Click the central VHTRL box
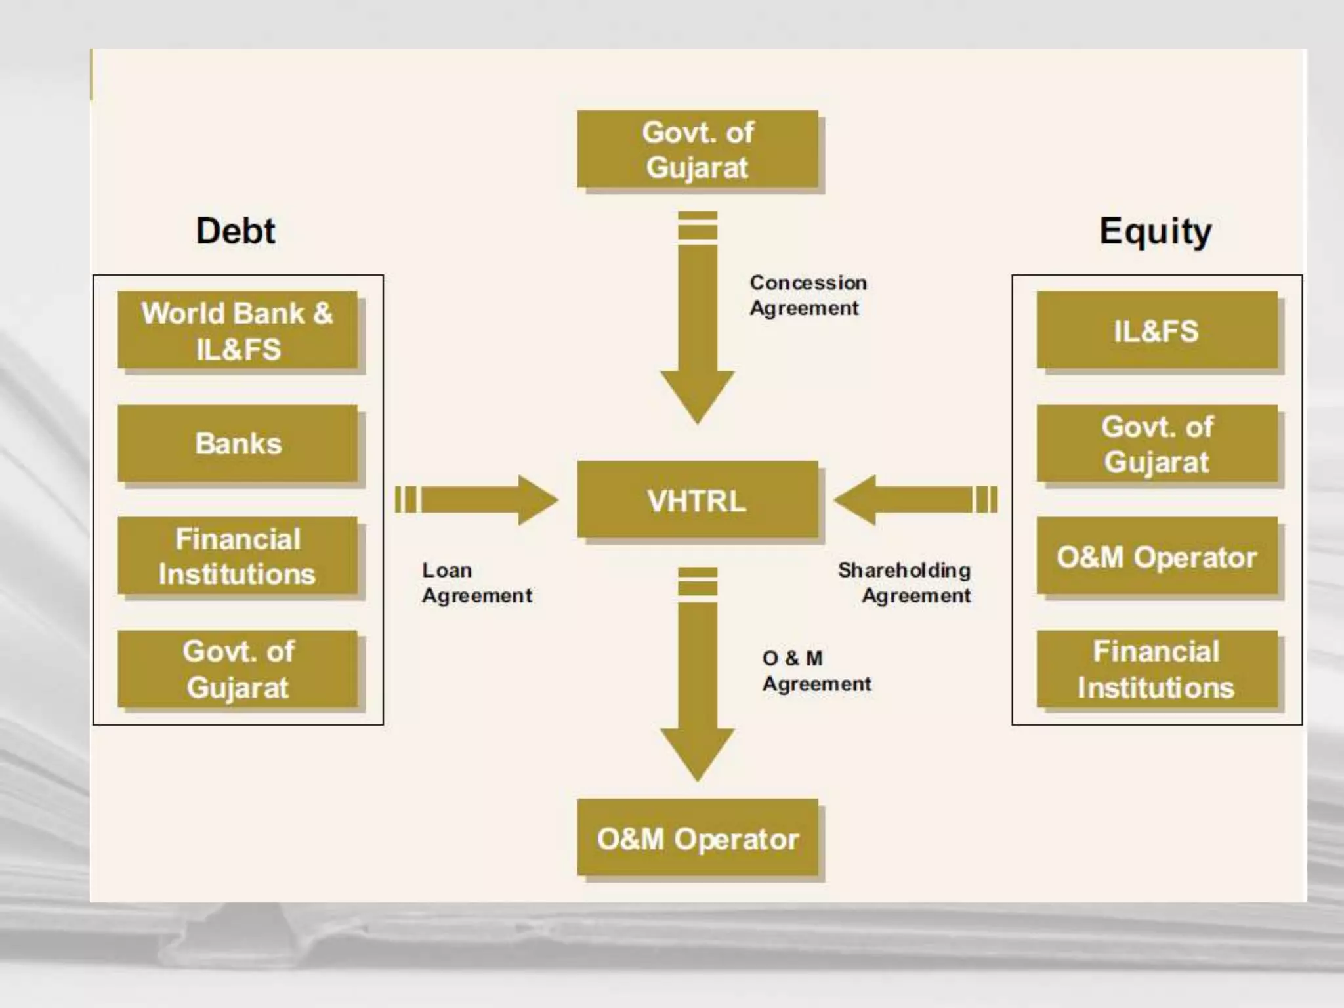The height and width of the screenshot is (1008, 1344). pos(698,500)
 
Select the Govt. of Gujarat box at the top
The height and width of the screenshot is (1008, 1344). pos(698,150)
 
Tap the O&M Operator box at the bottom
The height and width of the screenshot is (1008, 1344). pos(698,838)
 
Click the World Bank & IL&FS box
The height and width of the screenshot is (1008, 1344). pos(238,331)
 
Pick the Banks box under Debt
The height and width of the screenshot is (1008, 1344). pos(238,444)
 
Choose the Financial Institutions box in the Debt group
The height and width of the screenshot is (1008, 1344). pos(238,556)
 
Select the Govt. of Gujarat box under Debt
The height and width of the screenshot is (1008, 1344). pos(238,669)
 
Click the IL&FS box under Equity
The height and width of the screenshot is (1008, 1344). pos(1156,331)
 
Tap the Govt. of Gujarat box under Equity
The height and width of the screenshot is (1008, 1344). pos(1156,444)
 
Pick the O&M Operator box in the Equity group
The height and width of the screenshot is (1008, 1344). pos(1156,556)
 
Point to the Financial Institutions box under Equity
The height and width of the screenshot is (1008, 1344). pos(1156,669)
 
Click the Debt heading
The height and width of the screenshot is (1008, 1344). pos(236,231)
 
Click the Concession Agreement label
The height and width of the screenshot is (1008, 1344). pos(807,295)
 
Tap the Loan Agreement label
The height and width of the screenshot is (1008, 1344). pos(476,583)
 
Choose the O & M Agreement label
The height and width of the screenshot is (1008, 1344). pos(816,671)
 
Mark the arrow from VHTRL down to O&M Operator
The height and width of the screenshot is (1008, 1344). pos(697,676)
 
